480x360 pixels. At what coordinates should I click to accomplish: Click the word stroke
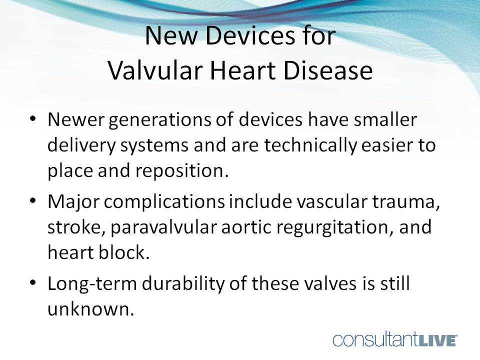coord(74,227)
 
